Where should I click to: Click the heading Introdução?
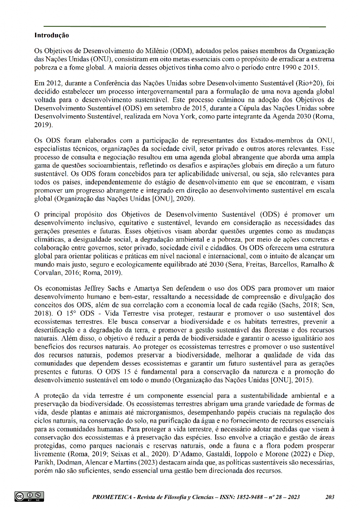[51, 35]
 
